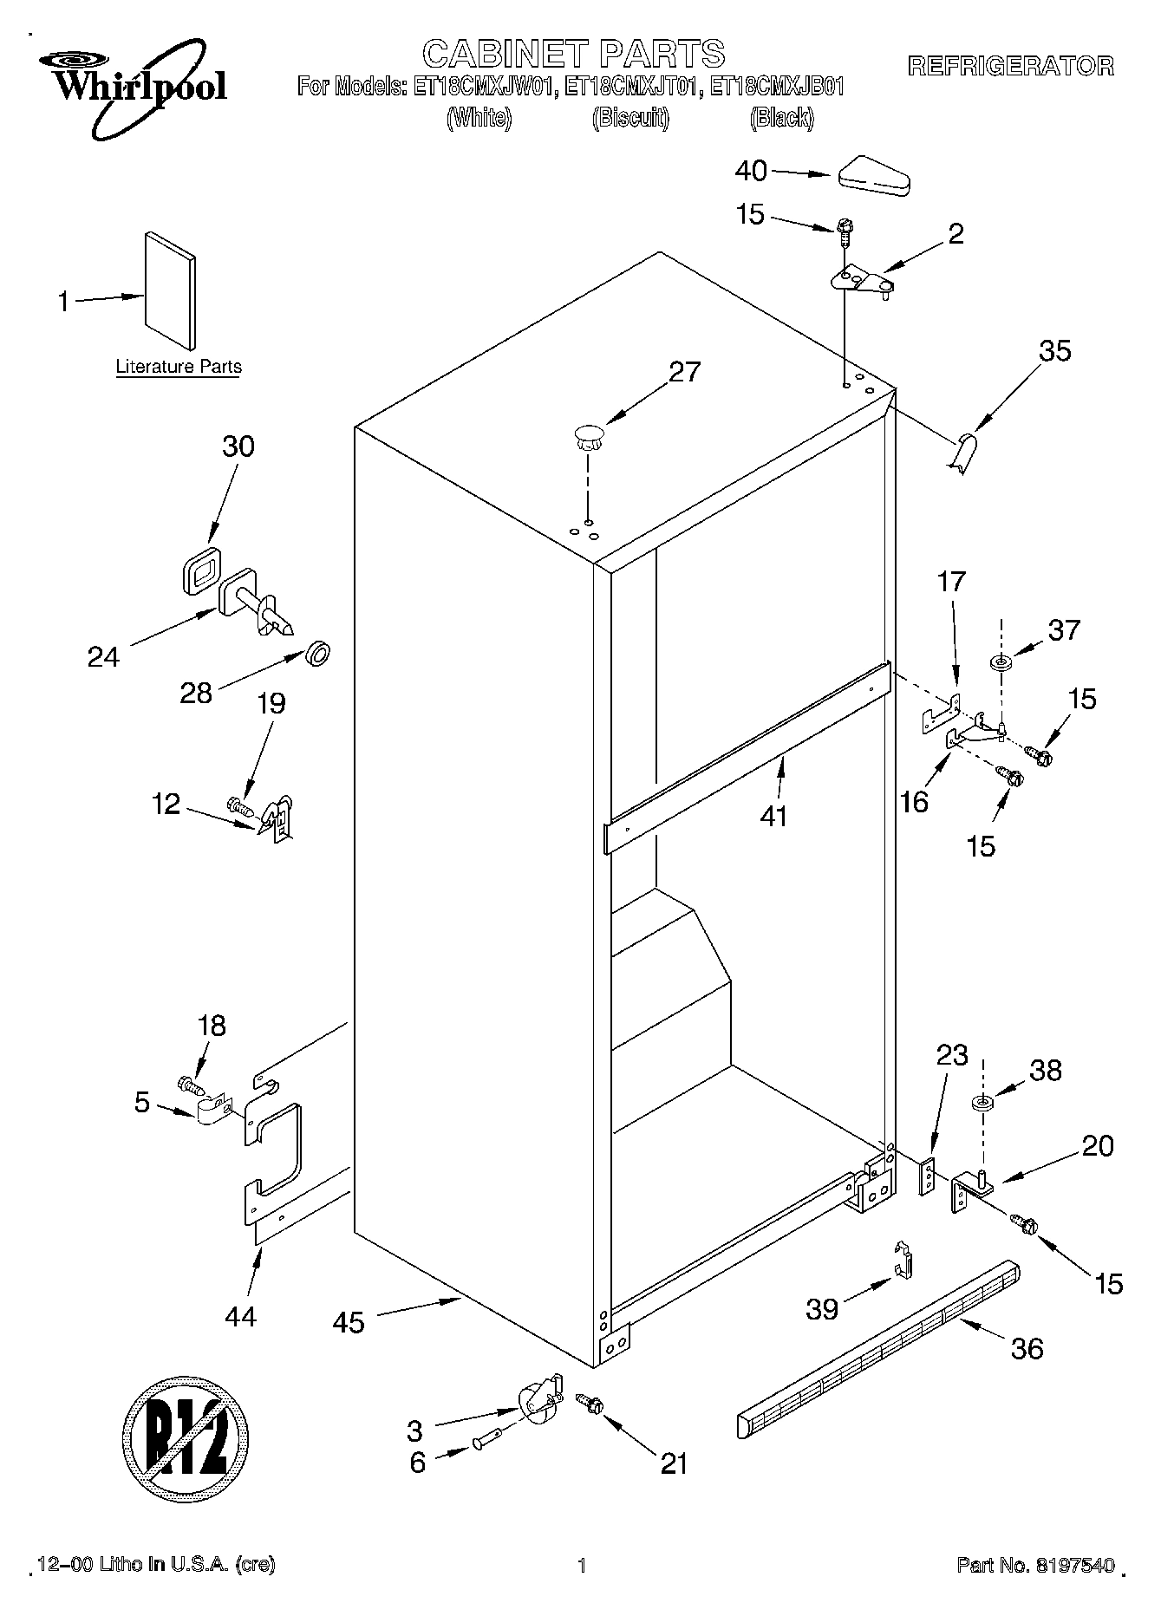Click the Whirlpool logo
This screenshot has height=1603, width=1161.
click(x=130, y=91)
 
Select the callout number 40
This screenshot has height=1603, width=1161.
click(x=751, y=171)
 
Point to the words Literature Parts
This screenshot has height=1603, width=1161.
click(x=179, y=367)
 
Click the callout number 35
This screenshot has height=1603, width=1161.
click(x=1054, y=350)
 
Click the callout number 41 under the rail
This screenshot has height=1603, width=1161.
click(x=773, y=815)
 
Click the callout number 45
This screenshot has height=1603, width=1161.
click(x=349, y=1322)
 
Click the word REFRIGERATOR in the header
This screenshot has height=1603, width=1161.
click(x=1011, y=66)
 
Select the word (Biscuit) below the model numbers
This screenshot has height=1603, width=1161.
click(x=630, y=119)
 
